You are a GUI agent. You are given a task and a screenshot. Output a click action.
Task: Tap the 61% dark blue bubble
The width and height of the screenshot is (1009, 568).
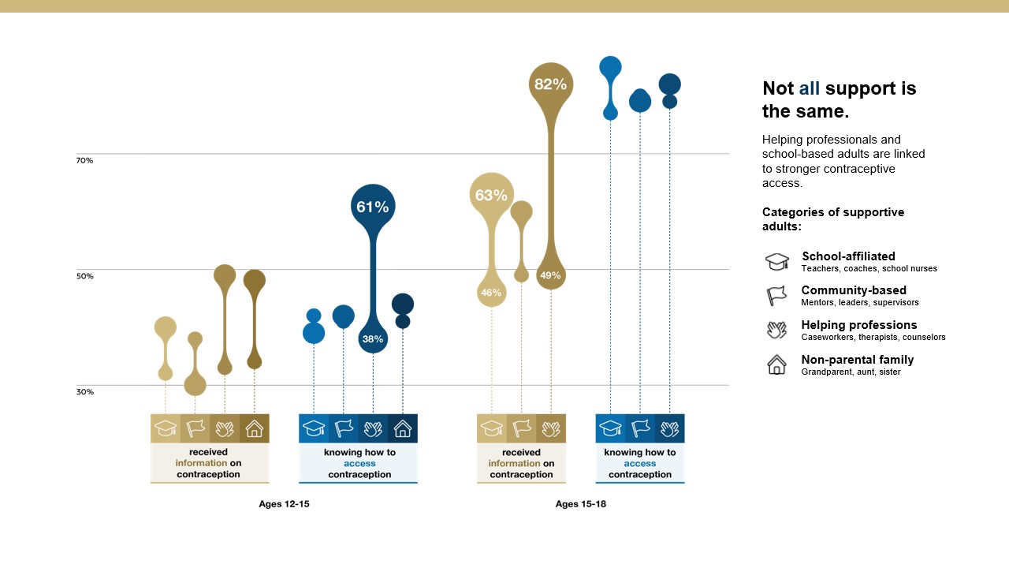click(x=373, y=207)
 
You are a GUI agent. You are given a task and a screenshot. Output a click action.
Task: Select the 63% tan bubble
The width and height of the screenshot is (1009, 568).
click(x=491, y=195)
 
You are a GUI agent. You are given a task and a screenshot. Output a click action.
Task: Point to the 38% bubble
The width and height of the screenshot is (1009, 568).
click(x=373, y=339)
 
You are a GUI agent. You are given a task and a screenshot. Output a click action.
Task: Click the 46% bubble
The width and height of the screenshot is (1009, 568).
click(x=491, y=293)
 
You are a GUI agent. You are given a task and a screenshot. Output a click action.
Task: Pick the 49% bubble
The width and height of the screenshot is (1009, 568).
click(x=551, y=275)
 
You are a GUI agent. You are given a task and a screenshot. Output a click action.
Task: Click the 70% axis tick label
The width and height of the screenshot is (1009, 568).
click(x=84, y=160)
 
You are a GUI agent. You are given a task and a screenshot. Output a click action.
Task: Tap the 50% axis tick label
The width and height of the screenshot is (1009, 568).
click(x=84, y=276)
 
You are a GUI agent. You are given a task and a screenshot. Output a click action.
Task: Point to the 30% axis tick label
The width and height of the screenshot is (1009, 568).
click(x=84, y=391)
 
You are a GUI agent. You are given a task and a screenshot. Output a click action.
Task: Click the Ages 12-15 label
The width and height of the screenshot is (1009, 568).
click(x=284, y=504)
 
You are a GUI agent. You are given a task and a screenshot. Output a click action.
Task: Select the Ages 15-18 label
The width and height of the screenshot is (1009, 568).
click(x=580, y=504)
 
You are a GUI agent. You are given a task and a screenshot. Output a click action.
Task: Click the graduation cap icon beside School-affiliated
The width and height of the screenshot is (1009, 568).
click(x=777, y=262)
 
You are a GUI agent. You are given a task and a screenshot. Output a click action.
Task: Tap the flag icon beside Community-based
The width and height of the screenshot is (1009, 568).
click(x=777, y=296)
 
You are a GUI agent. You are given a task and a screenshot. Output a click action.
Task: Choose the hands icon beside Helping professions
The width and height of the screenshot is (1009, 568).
click(x=777, y=330)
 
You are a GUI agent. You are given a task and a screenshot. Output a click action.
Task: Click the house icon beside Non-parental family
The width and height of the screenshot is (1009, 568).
click(x=777, y=364)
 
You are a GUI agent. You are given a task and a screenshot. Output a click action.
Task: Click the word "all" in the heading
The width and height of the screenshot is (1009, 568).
click(x=810, y=88)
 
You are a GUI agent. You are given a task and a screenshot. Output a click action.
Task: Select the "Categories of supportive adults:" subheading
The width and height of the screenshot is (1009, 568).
click(x=833, y=219)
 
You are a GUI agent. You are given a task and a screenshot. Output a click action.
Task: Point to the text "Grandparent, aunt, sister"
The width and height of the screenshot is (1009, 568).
click(x=851, y=372)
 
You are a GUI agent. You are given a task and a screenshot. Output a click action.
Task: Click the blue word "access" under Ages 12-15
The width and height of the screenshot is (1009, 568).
click(x=359, y=464)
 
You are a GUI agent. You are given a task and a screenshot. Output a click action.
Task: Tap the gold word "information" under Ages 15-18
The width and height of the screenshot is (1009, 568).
click(x=514, y=464)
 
